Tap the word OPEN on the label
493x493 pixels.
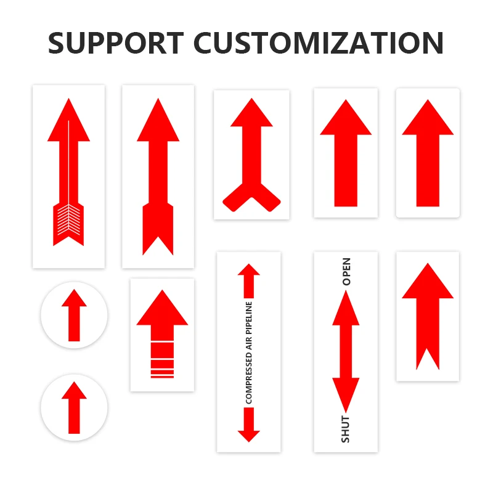coord(346,271)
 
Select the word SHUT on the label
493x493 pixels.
coord(346,429)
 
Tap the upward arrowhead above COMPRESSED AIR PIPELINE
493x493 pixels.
coord(249,271)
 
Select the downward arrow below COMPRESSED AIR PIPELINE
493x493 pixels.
coord(249,425)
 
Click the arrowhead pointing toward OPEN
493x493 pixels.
coord(346,308)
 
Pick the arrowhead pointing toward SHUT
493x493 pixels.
coord(346,394)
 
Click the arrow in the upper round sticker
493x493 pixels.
coord(74,316)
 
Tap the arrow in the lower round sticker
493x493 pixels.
coord(74,407)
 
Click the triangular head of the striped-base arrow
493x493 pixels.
coord(161,308)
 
